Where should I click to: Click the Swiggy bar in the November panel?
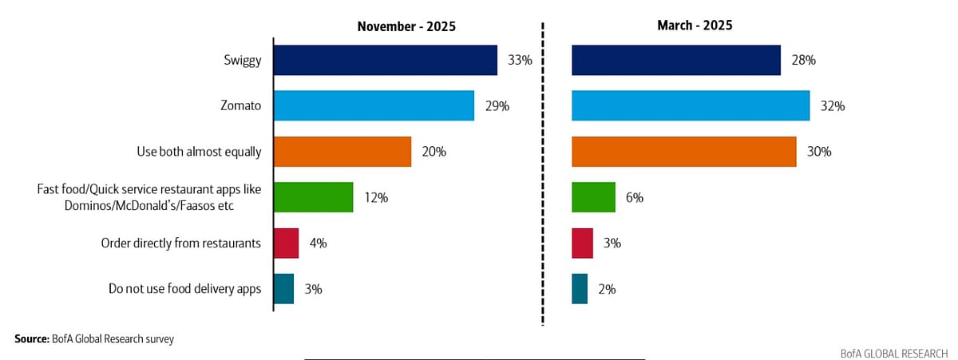[x=385, y=60]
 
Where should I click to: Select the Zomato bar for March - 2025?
[x=691, y=105]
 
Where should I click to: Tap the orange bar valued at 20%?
[x=342, y=152]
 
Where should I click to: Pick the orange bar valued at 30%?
[x=684, y=152]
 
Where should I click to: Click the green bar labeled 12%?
[x=313, y=197]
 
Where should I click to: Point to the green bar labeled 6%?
[x=593, y=197]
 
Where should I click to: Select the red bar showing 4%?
[x=286, y=243]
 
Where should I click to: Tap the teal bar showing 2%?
[x=580, y=289]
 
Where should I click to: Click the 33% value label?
[x=519, y=60]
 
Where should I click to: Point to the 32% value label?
[x=833, y=105]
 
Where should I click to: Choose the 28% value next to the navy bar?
[x=803, y=60]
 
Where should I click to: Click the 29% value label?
[x=497, y=105]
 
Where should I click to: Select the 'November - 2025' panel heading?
[x=406, y=26]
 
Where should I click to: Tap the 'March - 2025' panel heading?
[x=695, y=26]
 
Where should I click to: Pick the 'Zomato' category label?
[x=242, y=105]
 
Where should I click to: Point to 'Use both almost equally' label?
[x=200, y=152]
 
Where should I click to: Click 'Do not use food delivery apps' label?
[x=184, y=289]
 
